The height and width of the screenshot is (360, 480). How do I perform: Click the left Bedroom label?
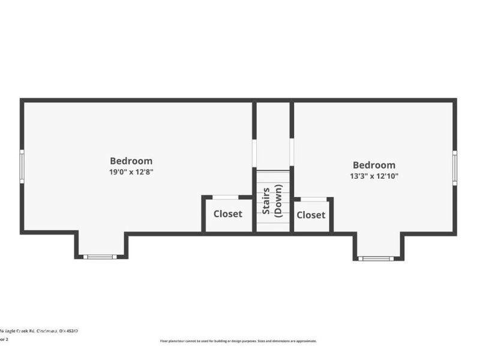pyautogui.click(x=131, y=161)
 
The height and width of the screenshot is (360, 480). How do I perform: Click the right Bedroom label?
pyautogui.click(x=374, y=165)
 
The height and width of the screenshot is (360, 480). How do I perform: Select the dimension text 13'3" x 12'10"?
pyautogui.click(x=374, y=176)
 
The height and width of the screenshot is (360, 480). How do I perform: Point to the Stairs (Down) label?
pyautogui.click(x=273, y=202)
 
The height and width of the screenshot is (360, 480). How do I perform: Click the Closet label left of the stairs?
pyautogui.click(x=228, y=214)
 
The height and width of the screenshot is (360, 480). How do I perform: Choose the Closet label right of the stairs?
pyautogui.click(x=311, y=215)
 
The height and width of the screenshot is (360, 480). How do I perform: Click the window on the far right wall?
pyautogui.click(x=455, y=168)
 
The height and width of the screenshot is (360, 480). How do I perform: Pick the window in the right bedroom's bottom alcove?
pyautogui.click(x=376, y=258)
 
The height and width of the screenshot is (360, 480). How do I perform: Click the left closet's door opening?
pyautogui.click(x=226, y=197)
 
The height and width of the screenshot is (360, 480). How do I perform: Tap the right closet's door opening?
pyautogui.click(x=314, y=198)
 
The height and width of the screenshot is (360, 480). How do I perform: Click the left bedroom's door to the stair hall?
pyautogui.click(x=254, y=153)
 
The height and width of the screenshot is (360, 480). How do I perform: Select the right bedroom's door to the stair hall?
pyautogui.click(x=292, y=153)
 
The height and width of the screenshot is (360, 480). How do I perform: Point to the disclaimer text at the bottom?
pyautogui.click(x=238, y=341)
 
